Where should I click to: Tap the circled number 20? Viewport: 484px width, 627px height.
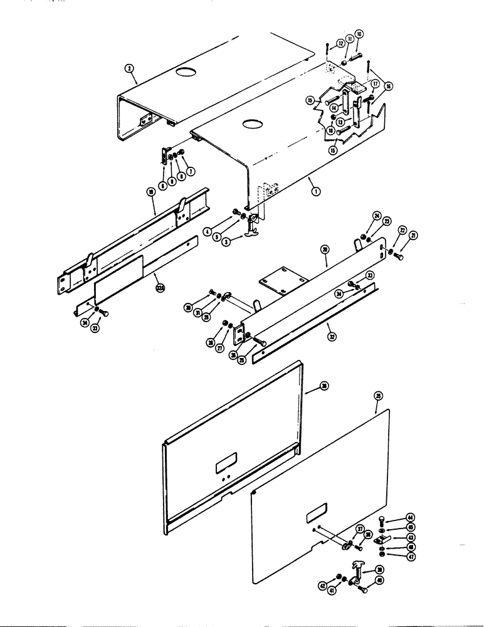click(324, 249)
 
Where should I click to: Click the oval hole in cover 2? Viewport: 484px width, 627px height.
click(186, 73)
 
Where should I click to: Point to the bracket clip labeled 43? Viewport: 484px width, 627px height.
click(381, 538)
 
